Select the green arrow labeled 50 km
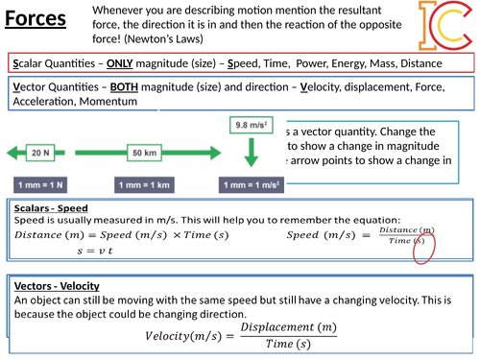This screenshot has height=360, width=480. [x=145, y=153]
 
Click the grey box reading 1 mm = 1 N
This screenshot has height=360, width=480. [x=40, y=184]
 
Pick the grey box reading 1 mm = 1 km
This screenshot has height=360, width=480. [x=145, y=184]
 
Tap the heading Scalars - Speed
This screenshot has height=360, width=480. [x=52, y=208]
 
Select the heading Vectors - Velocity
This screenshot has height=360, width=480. [x=59, y=286]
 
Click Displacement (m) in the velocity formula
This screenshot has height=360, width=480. [x=288, y=327]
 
